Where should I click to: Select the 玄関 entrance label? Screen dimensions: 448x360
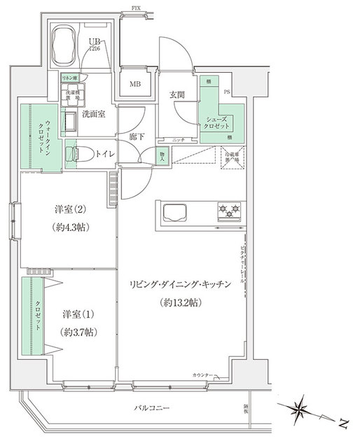176,95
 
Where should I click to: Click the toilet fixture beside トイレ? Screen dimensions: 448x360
72,153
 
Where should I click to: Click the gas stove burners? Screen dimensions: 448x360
229,209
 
